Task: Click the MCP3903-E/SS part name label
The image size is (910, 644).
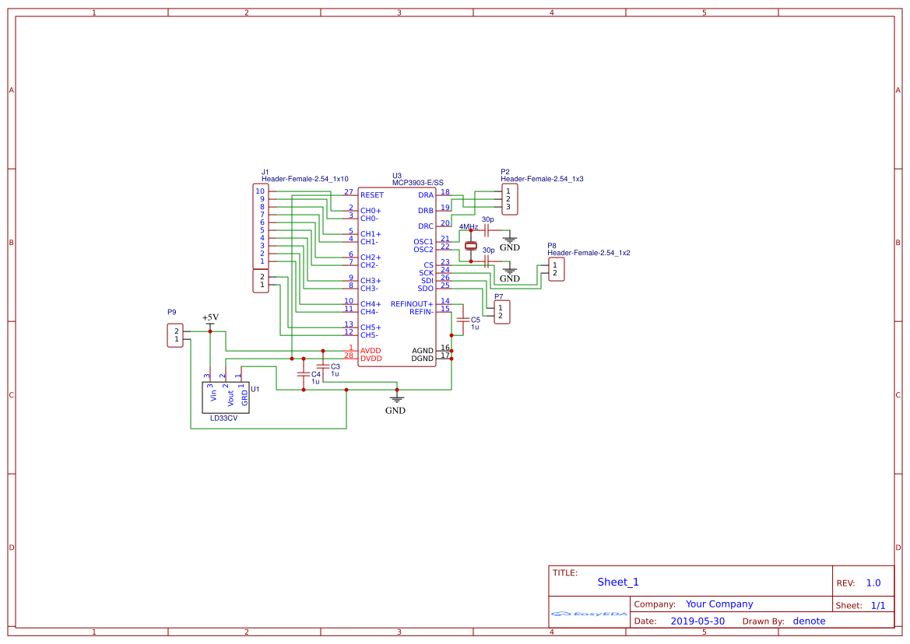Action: pyautogui.click(x=417, y=183)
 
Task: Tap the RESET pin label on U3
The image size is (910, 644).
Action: pyautogui.click(x=372, y=195)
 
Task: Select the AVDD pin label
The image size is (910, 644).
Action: pyautogui.click(x=371, y=351)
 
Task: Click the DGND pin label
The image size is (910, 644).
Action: pyautogui.click(x=423, y=359)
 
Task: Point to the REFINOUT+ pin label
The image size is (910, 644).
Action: pyautogui.click(x=412, y=304)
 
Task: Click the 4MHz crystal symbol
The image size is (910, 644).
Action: pyautogui.click(x=471, y=246)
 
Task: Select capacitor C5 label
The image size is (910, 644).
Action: pyautogui.click(x=476, y=320)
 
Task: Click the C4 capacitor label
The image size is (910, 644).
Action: pyautogui.click(x=315, y=375)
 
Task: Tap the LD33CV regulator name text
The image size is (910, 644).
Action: pyautogui.click(x=224, y=418)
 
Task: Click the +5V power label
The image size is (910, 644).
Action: pyautogui.click(x=210, y=317)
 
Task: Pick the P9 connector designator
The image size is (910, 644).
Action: pyautogui.click(x=172, y=312)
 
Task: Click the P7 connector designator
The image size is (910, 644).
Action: pyautogui.click(x=498, y=296)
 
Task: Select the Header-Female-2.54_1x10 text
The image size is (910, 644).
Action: pyautogui.click(x=305, y=179)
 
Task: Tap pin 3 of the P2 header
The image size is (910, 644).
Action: pyautogui.click(x=508, y=207)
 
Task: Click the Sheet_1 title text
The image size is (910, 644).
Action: pyautogui.click(x=618, y=582)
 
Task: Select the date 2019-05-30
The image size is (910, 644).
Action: pyautogui.click(x=697, y=621)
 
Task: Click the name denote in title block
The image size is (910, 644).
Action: pyautogui.click(x=809, y=621)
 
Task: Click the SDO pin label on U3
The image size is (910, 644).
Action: pyautogui.click(x=425, y=289)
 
